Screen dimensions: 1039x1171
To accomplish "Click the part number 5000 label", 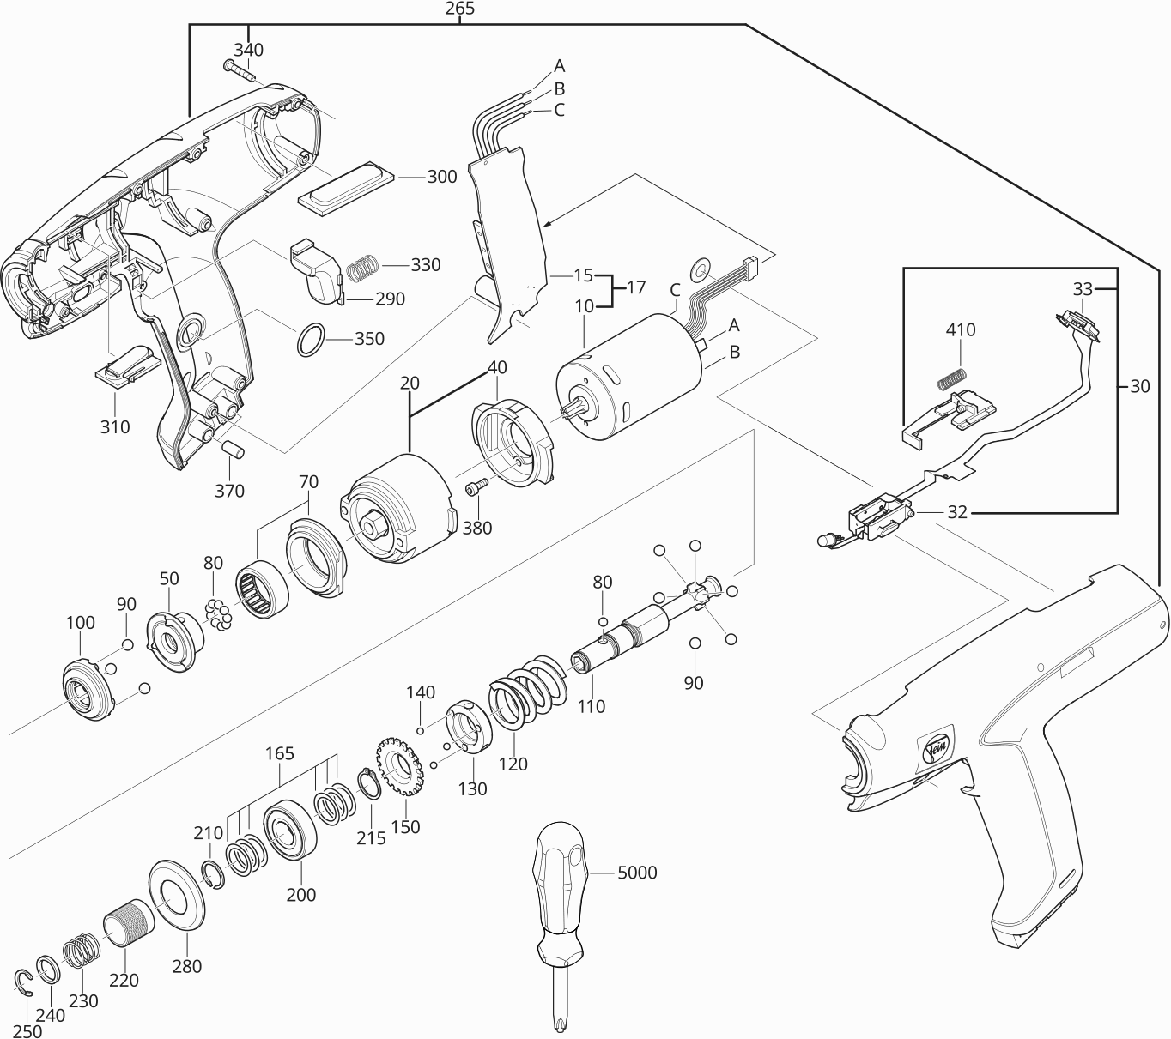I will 637,873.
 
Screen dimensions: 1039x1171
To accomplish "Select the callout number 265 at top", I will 460,9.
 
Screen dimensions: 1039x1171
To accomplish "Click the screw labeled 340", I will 240,69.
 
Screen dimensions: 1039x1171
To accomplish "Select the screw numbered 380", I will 475,487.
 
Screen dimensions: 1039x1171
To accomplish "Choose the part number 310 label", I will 115,426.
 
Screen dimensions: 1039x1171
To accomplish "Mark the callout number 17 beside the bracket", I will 636,287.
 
